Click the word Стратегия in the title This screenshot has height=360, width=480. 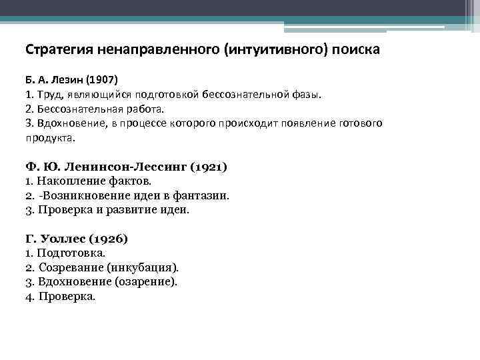point(59,50)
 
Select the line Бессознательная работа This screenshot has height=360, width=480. point(94,109)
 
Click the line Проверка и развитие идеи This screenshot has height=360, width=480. point(107,210)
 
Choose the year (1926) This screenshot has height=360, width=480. point(107,238)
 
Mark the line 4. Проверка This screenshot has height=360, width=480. point(60,297)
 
